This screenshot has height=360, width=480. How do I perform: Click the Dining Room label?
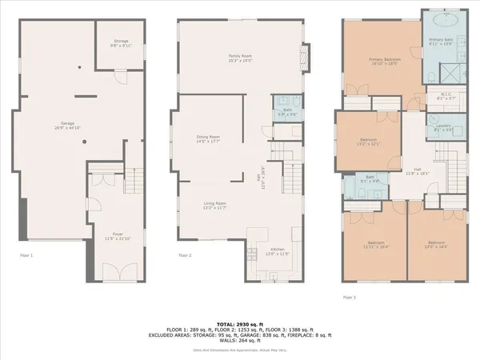(x=208, y=139)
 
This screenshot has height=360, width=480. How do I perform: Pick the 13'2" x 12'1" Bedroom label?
(x=368, y=142)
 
